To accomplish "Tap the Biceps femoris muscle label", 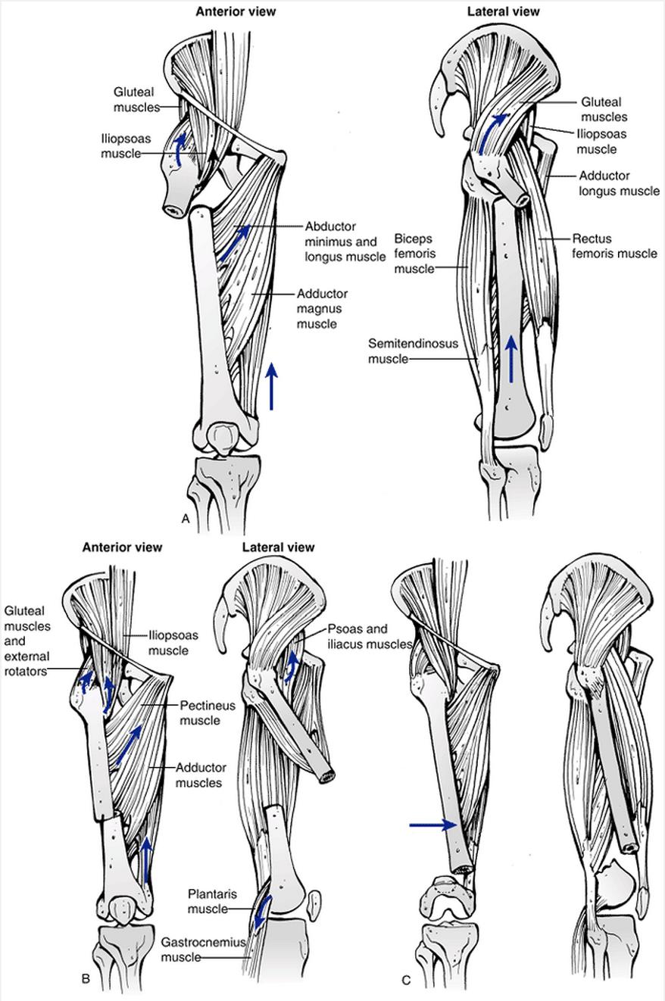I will coord(414,254).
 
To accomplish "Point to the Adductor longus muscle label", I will coord(619,182).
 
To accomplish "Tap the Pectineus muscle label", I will coord(207,713).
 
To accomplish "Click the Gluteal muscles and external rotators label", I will coord(28,640).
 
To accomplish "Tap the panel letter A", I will coord(185,518).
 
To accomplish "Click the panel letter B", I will coord(86,979).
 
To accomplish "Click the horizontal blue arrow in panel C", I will coord(432,825).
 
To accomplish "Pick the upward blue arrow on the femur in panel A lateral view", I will coord(512,360).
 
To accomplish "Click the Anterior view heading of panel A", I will coord(236,12).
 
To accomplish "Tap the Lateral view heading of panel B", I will coord(278,547).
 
